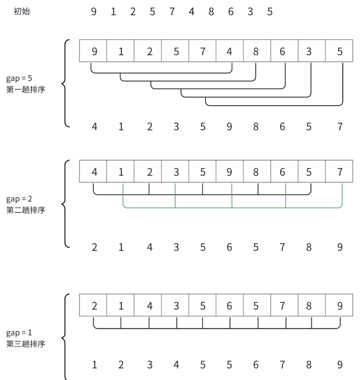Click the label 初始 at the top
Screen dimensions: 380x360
point(22,11)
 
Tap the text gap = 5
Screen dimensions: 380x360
point(20,79)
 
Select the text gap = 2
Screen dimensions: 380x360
point(20,199)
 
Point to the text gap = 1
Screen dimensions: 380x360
point(20,333)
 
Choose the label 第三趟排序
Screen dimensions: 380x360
point(25,344)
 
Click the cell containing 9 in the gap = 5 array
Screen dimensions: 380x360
point(94,51)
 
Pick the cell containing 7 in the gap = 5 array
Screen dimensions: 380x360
point(203,51)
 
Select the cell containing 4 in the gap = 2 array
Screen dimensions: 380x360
point(94,171)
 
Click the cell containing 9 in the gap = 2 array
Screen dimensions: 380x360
point(229,171)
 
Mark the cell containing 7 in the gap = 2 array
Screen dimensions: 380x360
point(339,171)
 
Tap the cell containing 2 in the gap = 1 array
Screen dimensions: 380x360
point(94,306)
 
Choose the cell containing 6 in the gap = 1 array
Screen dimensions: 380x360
point(229,306)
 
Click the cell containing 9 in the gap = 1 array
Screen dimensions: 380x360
point(339,306)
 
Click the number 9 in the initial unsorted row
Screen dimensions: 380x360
point(94,11)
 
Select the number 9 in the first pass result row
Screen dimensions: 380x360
point(229,127)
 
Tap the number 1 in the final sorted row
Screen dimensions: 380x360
point(94,364)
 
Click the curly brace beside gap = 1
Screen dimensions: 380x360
point(65,337)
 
